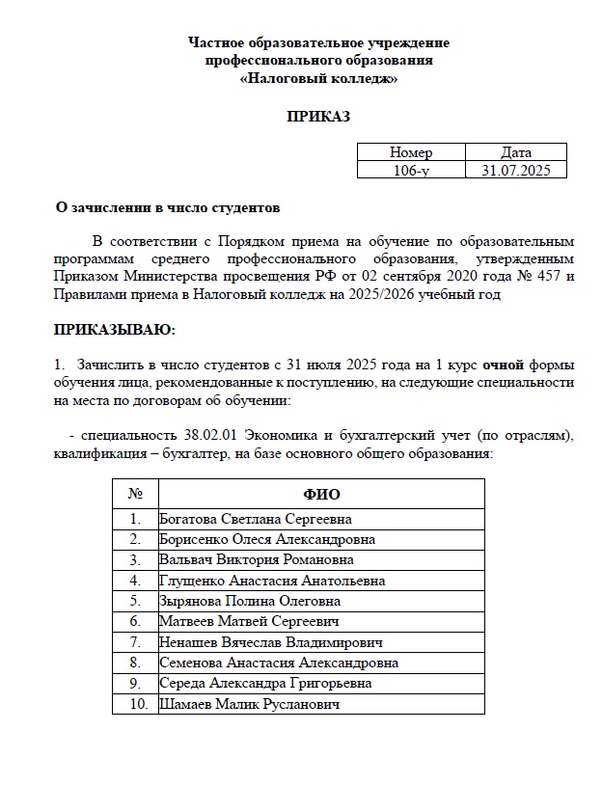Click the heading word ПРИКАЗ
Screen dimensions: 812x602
pos(318,117)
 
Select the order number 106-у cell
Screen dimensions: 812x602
pos(411,170)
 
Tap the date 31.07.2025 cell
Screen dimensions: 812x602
pos(516,170)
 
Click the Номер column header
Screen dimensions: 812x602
pos(411,152)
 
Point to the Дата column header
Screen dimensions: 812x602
pos(516,152)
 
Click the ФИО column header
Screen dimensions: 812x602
pos(321,495)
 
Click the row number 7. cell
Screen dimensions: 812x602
pos(135,642)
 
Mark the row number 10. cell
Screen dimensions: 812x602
pos(135,704)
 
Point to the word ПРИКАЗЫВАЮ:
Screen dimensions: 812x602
pos(115,331)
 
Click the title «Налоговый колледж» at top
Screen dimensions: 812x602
pos(318,78)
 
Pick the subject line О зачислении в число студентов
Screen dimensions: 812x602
pos(169,206)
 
